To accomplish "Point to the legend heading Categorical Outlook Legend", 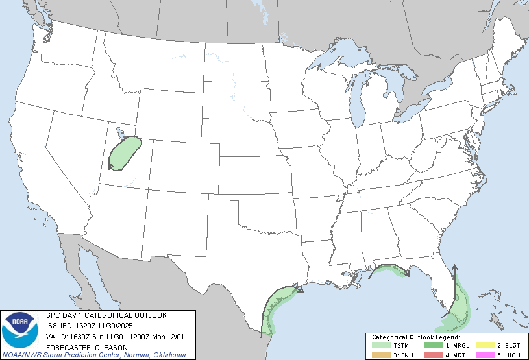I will tap(415, 337).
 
